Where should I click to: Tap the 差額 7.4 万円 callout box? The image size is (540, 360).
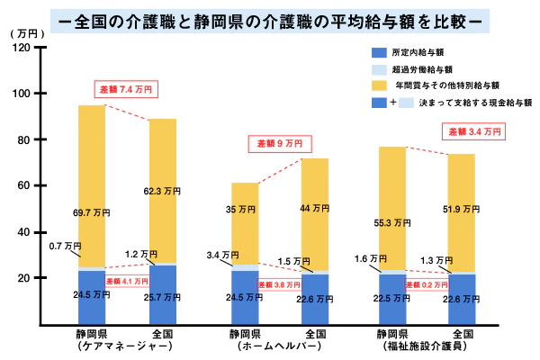(x=129, y=89)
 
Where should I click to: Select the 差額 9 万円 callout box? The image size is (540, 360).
(x=280, y=143)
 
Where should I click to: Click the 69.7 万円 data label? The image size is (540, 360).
(x=92, y=212)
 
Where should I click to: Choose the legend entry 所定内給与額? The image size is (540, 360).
(x=422, y=53)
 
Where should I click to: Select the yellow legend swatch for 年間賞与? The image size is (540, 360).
(x=379, y=85)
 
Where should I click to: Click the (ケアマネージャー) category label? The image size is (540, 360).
(x=93, y=346)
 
